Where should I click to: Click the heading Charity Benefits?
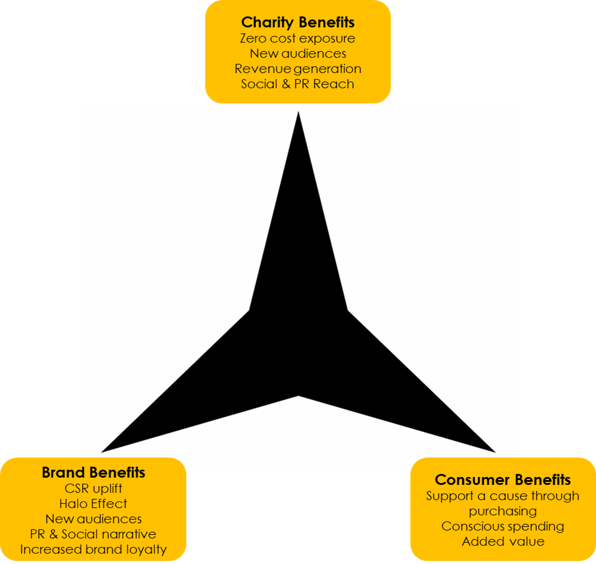click(x=297, y=23)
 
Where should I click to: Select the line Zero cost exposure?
click(x=297, y=38)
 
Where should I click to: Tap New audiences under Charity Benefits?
click(x=297, y=54)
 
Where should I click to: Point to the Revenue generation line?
click(x=297, y=69)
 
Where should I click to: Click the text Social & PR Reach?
click(x=297, y=84)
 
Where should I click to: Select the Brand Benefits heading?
click(x=93, y=472)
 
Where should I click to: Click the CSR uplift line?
click(x=93, y=488)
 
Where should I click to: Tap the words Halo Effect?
click(x=93, y=503)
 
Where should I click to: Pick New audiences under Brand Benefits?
click(x=93, y=519)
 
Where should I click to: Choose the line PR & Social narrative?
click(x=93, y=534)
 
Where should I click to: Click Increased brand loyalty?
click(x=93, y=549)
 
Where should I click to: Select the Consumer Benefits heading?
click(x=502, y=479)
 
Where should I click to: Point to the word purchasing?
click(x=502, y=511)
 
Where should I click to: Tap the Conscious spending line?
click(x=502, y=526)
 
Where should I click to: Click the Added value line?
click(x=502, y=541)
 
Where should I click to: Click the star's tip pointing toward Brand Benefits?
click(x=104, y=451)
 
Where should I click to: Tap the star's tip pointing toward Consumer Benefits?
click(x=492, y=451)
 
